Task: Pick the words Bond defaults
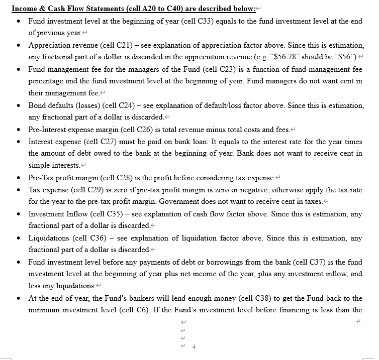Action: click(51, 105)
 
